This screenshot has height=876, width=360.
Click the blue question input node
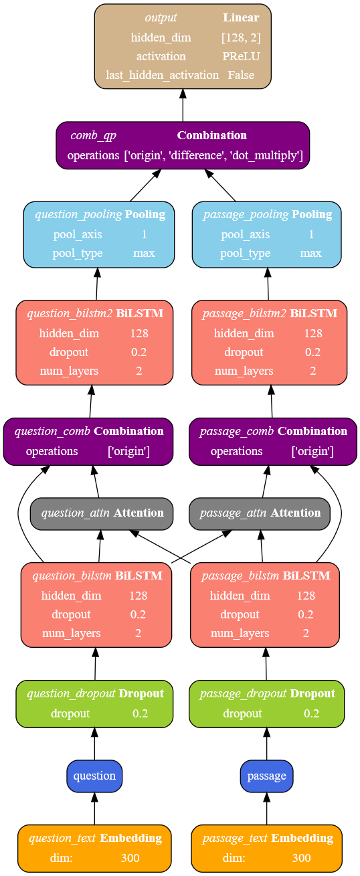click(x=94, y=776)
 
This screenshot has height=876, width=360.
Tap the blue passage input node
click(x=266, y=776)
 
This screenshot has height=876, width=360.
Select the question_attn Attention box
click(x=102, y=513)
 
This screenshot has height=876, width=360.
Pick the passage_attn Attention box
click(x=260, y=513)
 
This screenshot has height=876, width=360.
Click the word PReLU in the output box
click(x=241, y=56)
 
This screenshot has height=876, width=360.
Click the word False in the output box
click(x=241, y=75)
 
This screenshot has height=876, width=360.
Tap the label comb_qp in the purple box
click(x=93, y=135)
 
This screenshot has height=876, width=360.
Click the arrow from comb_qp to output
click(x=183, y=105)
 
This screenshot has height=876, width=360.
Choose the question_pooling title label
click(x=78, y=214)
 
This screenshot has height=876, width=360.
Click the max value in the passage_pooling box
click(x=310, y=254)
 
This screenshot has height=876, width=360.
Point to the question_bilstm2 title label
click(x=70, y=313)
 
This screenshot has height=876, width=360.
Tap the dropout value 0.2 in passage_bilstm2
click(x=312, y=352)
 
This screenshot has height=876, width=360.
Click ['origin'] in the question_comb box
click(x=128, y=451)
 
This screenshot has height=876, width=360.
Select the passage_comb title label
click(x=236, y=432)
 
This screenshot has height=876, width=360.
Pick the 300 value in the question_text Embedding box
click(x=130, y=858)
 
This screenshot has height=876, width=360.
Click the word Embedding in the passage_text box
click(x=302, y=838)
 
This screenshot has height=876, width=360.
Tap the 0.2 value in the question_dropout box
click(x=140, y=713)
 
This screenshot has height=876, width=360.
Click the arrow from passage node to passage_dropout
click(x=267, y=743)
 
